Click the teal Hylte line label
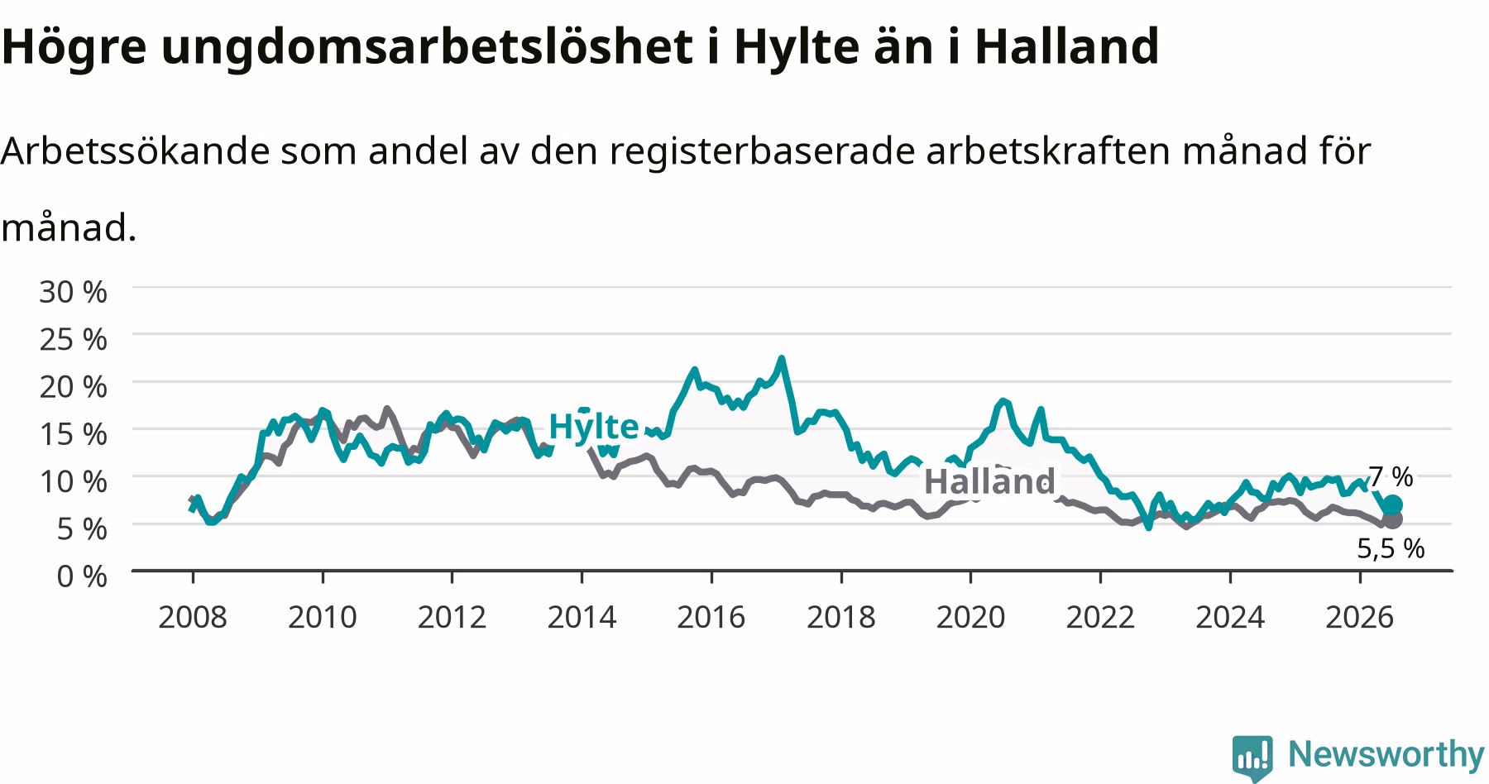pos(593,427)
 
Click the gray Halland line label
pos(989,481)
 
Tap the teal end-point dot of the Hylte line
pos(1392,505)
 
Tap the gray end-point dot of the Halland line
pos(1392,519)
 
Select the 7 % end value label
pos(1390,476)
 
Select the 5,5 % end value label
pos(1391,548)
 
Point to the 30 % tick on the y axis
pos(73,292)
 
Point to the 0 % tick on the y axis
pos(81,576)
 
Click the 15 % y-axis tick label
pos(73,434)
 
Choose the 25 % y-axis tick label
pos(73,339)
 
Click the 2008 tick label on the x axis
pos(192,617)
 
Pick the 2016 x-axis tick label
pos(711,617)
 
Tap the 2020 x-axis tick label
pos(970,617)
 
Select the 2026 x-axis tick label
pos(1359,617)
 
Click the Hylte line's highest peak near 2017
pos(781,358)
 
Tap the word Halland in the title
pos(1067,46)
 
